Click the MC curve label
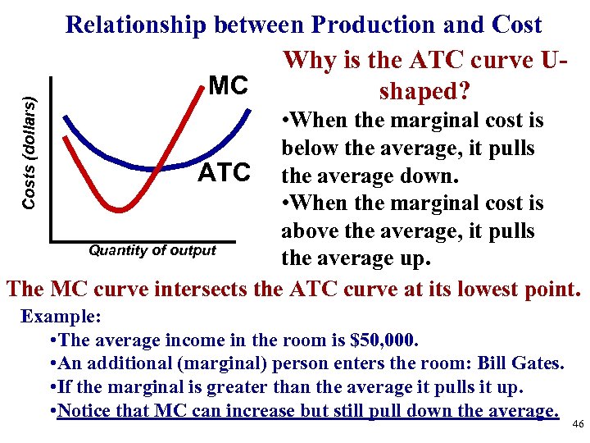pyautogui.click(x=229, y=85)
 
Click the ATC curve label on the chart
pyautogui.click(x=225, y=173)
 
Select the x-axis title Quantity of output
pyautogui.click(x=153, y=250)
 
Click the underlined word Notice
pyautogui.click(x=86, y=410)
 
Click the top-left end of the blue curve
pyautogui.click(x=66, y=115)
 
